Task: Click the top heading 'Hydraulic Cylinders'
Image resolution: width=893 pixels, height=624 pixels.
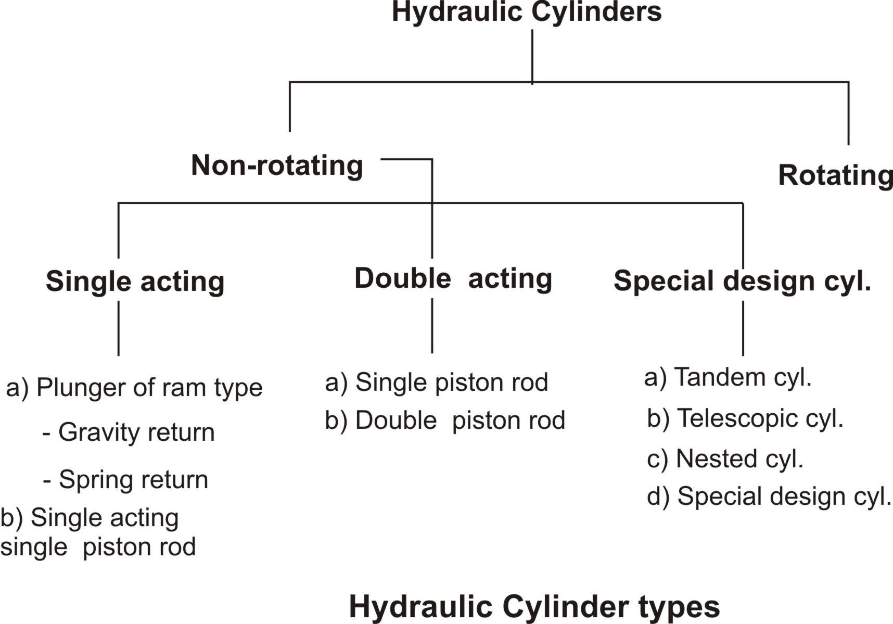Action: [x=527, y=12]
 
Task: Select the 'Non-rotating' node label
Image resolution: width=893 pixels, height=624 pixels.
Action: [x=277, y=165]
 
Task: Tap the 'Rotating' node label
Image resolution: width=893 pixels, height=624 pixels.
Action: [x=835, y=175]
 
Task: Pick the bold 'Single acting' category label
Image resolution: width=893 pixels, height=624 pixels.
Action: [x=135, y=282]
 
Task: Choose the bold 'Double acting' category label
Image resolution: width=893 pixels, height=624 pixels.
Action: [x=453, y=278]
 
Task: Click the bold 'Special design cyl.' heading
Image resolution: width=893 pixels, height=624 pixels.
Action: [x=743, y=282]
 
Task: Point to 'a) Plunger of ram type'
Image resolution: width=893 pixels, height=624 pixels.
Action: [x=134, y=388]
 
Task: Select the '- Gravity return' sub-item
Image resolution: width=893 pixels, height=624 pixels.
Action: [x=129, y=432]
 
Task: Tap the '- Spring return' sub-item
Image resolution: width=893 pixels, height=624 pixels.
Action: [x=125, y=480]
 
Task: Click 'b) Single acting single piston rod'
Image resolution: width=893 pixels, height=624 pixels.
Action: [x=98, y=532]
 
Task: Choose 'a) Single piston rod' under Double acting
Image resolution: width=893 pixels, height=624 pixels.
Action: [x=437, y=383]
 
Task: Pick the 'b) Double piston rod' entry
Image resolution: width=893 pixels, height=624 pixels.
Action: [x=445, y=421]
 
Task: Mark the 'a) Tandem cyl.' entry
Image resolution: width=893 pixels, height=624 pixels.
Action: [x=728, y=377]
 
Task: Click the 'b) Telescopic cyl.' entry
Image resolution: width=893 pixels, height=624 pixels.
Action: [x=745, y=418]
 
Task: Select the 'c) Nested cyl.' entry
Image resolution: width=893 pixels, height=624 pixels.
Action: [x=725, y=459]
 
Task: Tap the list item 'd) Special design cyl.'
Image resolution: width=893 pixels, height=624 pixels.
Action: [x=769, y=496]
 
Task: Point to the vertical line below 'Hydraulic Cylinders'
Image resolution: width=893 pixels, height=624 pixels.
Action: [x=532, y=56]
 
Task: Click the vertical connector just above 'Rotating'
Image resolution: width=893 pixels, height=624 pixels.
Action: [x=848, y=113]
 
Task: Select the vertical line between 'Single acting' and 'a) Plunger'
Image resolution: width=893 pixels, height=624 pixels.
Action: [x=119, y=328]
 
